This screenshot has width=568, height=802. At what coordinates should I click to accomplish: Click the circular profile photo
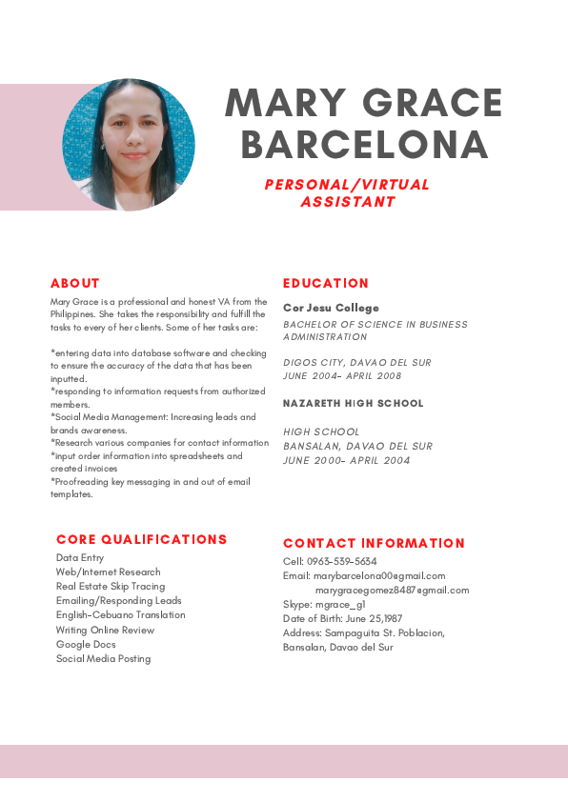pos(129,145)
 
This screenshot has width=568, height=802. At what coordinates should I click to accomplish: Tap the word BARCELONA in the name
pos(364,146)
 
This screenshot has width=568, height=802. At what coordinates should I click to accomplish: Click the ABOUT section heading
pos(75,283)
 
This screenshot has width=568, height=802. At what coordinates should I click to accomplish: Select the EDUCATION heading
pos(326,283)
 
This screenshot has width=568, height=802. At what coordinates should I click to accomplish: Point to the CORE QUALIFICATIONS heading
pos(142,539)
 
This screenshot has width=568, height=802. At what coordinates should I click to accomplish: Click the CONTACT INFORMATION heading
pos(374,543)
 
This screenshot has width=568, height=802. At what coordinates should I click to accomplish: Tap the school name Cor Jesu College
pos(331,308)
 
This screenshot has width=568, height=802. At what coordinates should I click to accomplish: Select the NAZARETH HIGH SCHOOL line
pos(353,403)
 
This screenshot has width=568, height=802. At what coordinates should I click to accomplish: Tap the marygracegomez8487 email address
pos(392,590)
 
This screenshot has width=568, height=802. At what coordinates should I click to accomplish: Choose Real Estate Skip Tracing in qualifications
pos(111,587)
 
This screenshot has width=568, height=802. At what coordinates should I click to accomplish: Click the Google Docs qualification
pos(86,645)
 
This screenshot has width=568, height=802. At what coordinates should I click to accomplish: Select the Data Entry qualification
pos(80,558)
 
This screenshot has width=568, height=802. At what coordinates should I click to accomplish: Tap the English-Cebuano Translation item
pos(120,615)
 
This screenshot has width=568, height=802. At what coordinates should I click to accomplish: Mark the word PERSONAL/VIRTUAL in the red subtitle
pos(347,185)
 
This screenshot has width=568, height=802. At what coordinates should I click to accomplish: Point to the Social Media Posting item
pos(103,659)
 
